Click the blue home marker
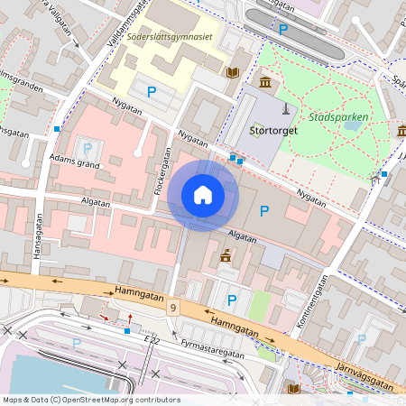pos(203,195)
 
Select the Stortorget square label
pos(272,130)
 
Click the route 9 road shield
pos(172,309)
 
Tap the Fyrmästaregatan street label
pos(212,349)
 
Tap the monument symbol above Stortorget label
pos(286,109)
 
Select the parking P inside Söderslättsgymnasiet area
pos(152,91)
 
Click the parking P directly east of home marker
pos(264,211)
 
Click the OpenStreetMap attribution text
pos(90,400)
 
